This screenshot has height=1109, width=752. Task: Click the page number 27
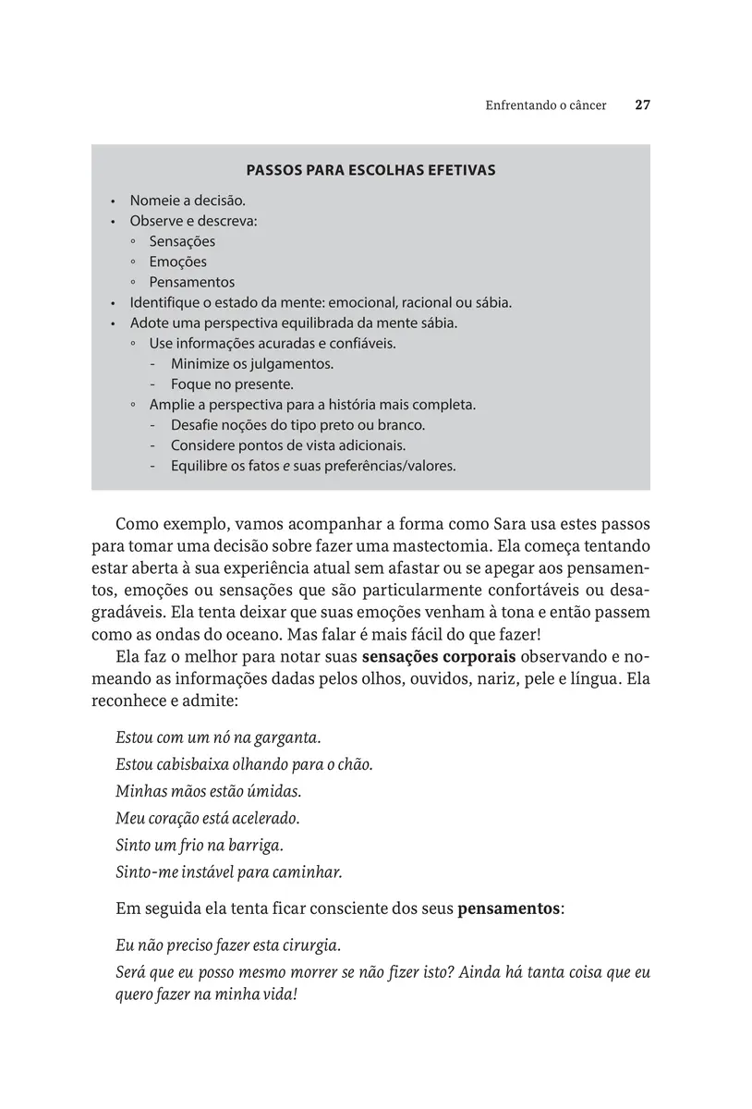pyautogui.click(x=643, y=105)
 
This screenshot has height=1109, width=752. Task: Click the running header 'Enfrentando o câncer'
pyautogui.click(x=546, y=105)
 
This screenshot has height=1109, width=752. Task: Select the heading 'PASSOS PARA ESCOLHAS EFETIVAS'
pyautogui.click(x=370, y=170)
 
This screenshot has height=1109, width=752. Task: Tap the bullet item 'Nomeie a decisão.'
pyautogui.click(x=188, y=200)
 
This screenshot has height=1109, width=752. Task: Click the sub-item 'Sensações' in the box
pyautogui.click(x=182, y=241)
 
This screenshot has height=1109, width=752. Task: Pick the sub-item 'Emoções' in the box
pyautogui.click(x=177, y=262)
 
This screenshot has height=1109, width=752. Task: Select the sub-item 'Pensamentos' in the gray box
pyautogui.click(x=192, y=282)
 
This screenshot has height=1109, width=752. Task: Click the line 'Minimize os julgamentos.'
pyautogui.click(x=251, y=363)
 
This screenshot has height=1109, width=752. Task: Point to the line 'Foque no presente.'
pyautogui.click(x=232, y=384)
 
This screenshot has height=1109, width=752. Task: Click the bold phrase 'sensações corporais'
pyautogui.click(x=440, y=657)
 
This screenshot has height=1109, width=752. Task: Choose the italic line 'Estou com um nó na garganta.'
pyautogui.click(x=218, y=737)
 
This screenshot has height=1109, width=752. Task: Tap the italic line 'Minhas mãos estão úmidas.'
pyautogui.click(x=209, y=791)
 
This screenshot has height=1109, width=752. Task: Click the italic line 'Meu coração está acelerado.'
pyautogui.click(x=208, y=818)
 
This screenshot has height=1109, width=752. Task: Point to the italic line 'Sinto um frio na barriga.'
pyautogui.click(x=199, y=845)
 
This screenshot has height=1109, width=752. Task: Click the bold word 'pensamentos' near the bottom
pyautogui.click(x=508, y=908)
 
